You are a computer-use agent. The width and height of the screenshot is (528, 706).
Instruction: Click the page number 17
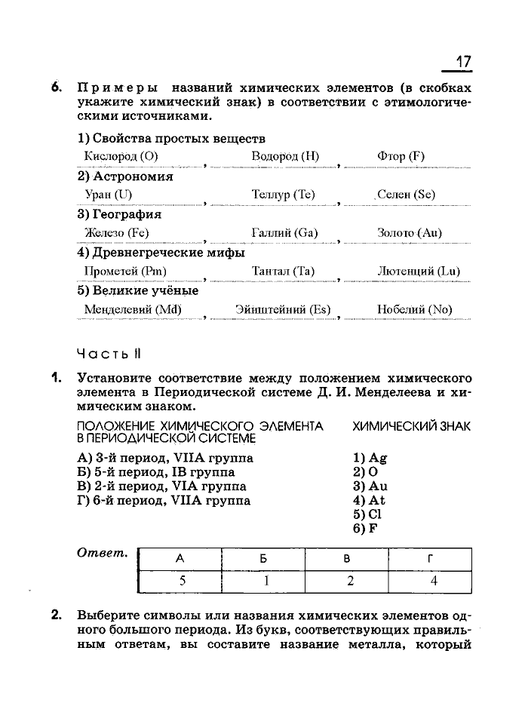click(462, 61)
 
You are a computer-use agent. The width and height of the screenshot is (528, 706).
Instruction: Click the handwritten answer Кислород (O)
click(121, 157)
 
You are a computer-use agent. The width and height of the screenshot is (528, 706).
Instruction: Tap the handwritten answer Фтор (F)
click(401, 157)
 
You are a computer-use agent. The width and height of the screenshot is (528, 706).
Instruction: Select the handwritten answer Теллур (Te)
click(283, 195)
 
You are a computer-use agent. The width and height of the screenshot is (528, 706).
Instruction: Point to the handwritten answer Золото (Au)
click(409, 233)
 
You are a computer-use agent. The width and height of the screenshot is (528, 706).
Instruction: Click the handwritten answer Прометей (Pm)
click(126, 272)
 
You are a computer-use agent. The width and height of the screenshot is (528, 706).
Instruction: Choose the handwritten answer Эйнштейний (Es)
click(272, 309)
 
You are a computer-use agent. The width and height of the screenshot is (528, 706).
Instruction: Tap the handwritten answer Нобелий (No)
click(414, 309)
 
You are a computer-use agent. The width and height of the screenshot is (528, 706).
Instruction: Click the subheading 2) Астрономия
click(125, 176)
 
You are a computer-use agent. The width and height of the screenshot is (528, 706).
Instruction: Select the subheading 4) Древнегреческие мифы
click(161, 253)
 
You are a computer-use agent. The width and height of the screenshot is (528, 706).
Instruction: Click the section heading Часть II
click(109, 354)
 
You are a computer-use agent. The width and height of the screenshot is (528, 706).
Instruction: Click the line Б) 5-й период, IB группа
click(156, 472)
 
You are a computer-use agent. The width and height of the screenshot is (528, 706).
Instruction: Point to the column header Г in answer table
click(430, 559)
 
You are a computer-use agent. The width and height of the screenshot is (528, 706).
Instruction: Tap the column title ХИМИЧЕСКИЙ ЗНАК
click(411, 426)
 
